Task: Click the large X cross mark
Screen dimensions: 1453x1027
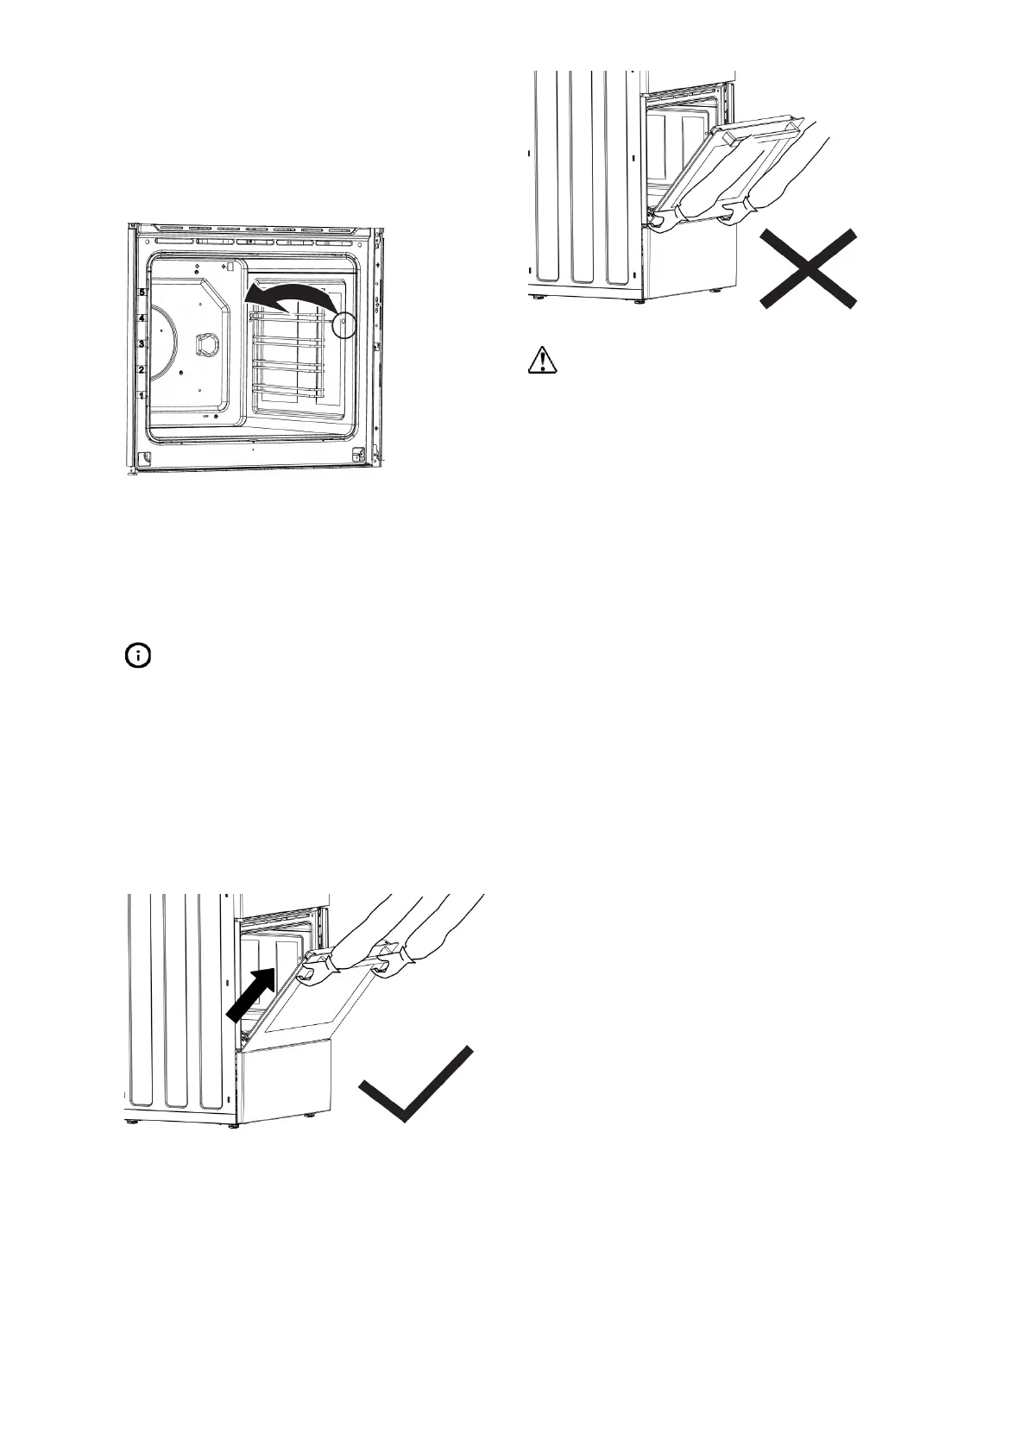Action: pyautogui.click(x=808, y=268)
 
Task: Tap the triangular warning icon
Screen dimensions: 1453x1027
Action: pyautogui.click(x=543, y=359)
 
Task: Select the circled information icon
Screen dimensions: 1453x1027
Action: pyautogui.click(x=137, y=657)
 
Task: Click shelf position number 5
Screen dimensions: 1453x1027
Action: pyautogui.click(x=142, y=293)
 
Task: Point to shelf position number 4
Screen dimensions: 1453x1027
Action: pyautogui.click(x=142, y=318)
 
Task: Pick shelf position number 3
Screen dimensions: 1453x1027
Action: pyautogui.click(x=142, y=343)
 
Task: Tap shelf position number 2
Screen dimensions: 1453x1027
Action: pyautogui.click(x=142, y=369)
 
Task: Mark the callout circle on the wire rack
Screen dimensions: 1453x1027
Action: pyautogui.click(x=344, y=324)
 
